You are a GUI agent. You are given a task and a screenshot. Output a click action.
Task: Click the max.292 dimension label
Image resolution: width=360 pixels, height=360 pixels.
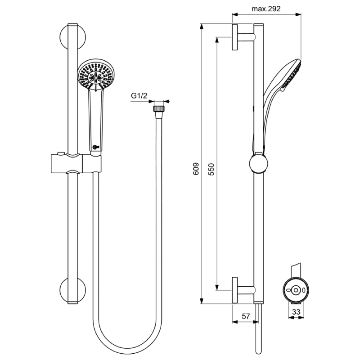266,9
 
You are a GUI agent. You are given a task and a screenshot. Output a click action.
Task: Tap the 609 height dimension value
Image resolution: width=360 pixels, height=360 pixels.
196,169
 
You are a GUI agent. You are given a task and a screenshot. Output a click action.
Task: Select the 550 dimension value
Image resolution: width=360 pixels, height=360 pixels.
211,170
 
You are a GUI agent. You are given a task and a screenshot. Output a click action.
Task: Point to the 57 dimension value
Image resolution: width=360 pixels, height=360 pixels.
246,316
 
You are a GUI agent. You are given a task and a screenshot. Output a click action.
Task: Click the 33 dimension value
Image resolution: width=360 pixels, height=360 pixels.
296,312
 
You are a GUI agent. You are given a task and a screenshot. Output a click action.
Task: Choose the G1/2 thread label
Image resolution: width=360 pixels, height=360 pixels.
139,95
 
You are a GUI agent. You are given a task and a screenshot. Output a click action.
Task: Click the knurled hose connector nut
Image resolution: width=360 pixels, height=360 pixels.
159,108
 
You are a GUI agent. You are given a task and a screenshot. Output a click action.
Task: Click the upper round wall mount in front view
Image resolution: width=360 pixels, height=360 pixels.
72,37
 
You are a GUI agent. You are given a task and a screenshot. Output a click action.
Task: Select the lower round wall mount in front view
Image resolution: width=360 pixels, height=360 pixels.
72,290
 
